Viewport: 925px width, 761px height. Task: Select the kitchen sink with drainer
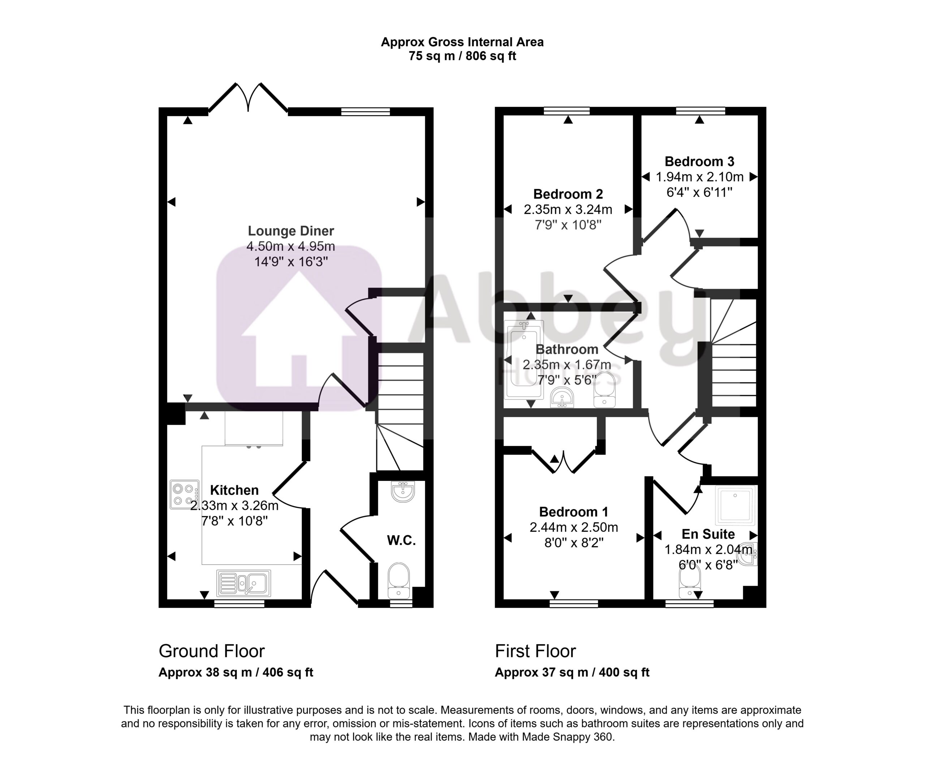[x=244, y=583]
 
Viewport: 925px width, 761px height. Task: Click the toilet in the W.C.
[x=399, y=580]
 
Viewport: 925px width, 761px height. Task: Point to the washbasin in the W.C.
[x=403, y=491]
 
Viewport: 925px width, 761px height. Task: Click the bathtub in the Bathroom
[x=524, y=360]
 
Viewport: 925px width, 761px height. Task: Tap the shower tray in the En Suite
[x=736, y=505]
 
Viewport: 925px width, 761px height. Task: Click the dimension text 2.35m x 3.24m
[x=568, y=209]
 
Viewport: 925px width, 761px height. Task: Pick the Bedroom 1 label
[x=573, y=512]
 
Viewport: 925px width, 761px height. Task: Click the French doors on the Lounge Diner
[x=248, y=97]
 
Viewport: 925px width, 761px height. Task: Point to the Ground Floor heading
[x=212, y=651]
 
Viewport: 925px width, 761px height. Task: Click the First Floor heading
[x=535, y=651]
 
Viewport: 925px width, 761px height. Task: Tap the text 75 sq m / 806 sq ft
[x=462, y=56]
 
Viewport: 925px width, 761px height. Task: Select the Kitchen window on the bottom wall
[x=239, y=603]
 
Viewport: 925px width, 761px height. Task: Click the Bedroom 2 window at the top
[x=567, y=111]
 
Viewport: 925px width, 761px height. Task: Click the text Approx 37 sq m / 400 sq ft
[x=572, y=672]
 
